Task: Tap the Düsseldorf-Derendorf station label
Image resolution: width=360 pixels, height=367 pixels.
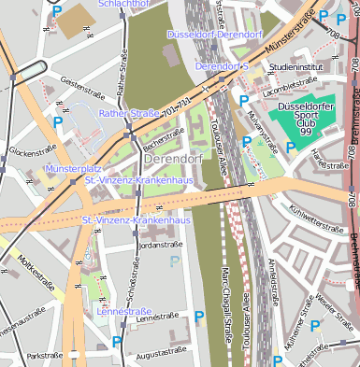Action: pos(214,35)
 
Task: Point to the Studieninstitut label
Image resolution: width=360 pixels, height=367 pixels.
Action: pos(295,68)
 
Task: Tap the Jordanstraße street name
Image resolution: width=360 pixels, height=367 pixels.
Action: pos(159,245)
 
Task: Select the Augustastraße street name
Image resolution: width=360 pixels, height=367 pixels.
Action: pos(157,357)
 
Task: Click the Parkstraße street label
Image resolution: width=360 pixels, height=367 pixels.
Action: pos(44,356)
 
